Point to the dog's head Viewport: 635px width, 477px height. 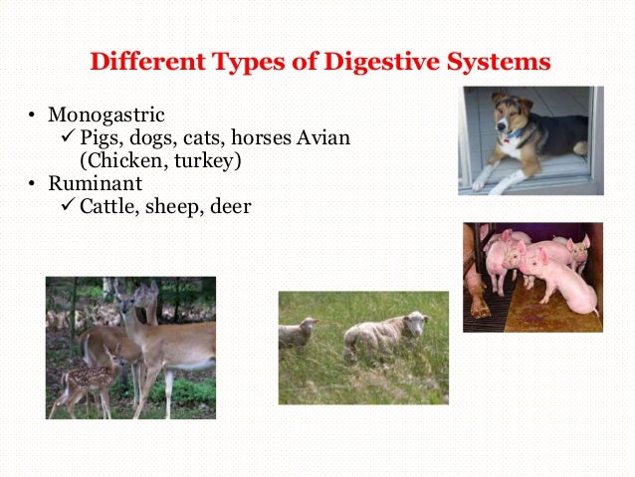tap(512, 119)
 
